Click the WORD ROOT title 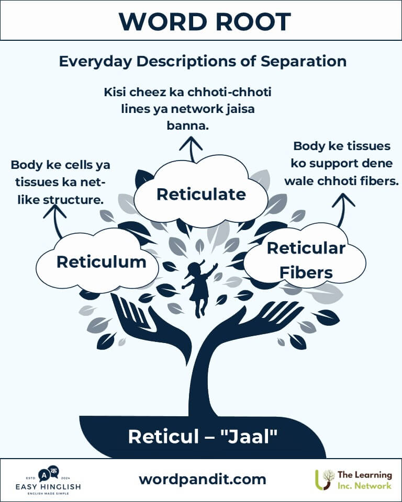coord(205,22)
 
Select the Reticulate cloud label coord(201,195)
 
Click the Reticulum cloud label coord(102,262)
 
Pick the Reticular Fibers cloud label coord(306,260)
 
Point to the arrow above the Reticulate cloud coord(192,149)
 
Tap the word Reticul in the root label coord(163,437)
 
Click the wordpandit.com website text coord(203,480)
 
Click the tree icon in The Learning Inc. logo coord(325,480)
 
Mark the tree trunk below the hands coord(201,387)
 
